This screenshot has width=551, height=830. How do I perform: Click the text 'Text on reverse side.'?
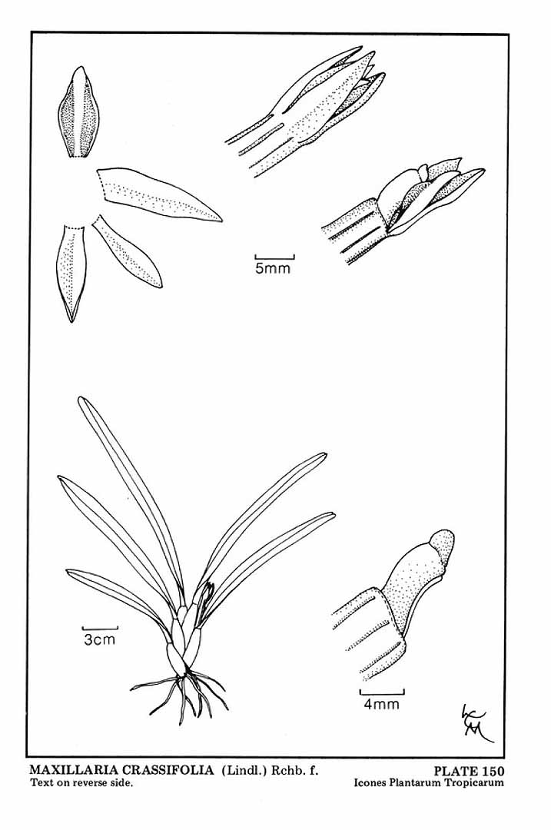tap(81, 782)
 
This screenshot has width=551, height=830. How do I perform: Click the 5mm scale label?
tap(273, 268)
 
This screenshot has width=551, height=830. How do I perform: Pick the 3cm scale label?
tap(99, 639)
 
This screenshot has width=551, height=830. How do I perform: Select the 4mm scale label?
tap(382, 703)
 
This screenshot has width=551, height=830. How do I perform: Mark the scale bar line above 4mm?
tap(382, 692)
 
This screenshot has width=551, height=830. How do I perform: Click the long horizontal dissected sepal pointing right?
tap(159, 194)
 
